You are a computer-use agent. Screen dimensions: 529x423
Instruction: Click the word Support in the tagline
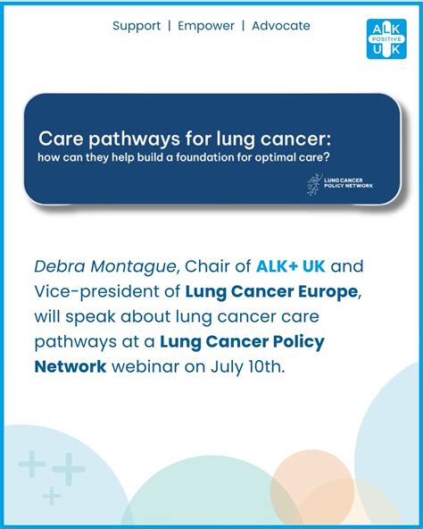[x=137, y=26]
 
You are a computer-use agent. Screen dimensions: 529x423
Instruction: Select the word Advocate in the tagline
[x=281, y=26]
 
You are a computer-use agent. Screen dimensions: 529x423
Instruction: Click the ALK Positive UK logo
[x=386, y=38]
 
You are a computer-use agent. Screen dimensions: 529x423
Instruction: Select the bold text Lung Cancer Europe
[x=270, y=291]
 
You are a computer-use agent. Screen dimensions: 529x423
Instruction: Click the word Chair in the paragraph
[x=207, y=266]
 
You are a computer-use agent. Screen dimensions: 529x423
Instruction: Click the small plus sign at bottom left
[x=53, y=495]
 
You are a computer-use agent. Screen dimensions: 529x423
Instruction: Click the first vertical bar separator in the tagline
[x=170, y=26]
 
